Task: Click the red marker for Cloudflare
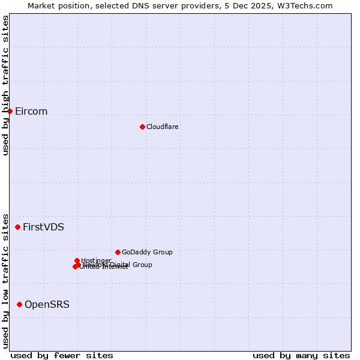point(142,127)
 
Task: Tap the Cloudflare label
point(163,127)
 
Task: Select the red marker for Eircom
point(10,111)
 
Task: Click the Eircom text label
point(31,112)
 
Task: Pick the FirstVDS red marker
point(18,227)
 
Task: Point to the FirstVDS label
point(43,227)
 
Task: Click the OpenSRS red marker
point(20,305)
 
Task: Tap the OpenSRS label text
point(47,305)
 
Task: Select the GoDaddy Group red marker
point(118,252)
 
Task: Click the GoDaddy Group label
point(147,253)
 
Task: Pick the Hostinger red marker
point(77,260)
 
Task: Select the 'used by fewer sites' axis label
point(62,355)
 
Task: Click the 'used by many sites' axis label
point(301,355)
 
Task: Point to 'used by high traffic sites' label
point(5,86)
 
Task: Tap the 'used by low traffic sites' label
point(5,280)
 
